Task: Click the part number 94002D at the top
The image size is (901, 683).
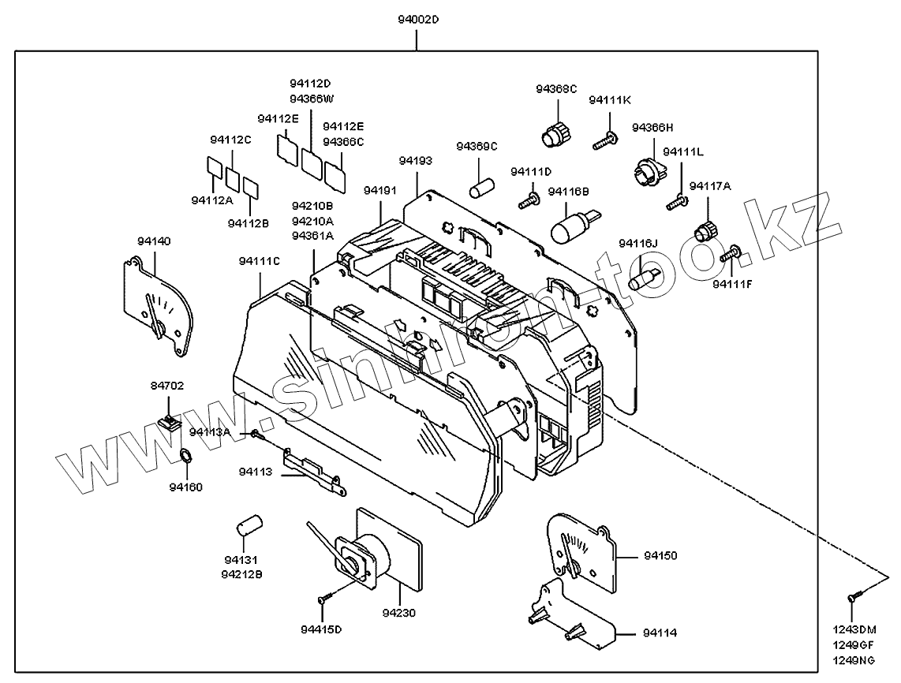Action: pyautogui.click(x=417, y=17)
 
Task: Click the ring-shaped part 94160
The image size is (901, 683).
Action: pyautogui.click(x=186, y=456)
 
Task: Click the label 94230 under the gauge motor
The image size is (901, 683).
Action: pyautogui.click(x=399, y=613)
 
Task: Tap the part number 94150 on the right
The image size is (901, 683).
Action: pyautogui.click(x=660, y=556)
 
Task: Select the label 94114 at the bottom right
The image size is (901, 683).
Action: pyautogui.click(x=660, y=633)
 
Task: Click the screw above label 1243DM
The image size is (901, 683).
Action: pyautogui.click(x=852, y=599)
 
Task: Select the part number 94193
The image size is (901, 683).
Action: pyautogui.click(x=415, y=160)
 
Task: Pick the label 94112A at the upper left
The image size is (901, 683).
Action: pyautogui.click(x=212, y=200)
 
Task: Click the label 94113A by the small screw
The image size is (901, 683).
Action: pyautogui.click(x=210, y=432)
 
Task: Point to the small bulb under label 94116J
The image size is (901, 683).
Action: pyautogui.click(x=642, y=278)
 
